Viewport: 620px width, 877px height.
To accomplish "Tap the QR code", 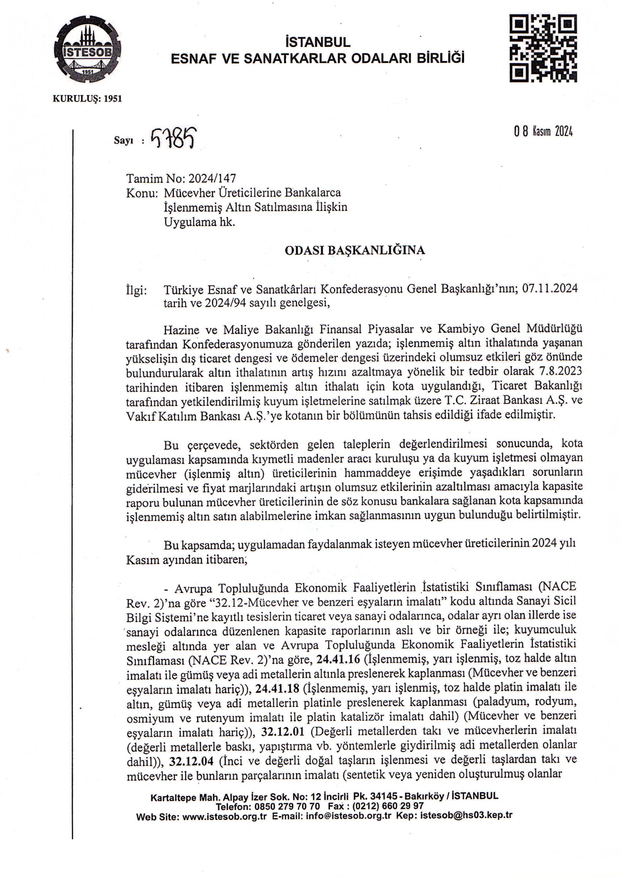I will coord(543,48).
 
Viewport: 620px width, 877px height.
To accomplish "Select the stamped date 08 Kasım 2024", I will coord(543,132).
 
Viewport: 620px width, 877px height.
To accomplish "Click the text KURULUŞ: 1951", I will coord(87,99).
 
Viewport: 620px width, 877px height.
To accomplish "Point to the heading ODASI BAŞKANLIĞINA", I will coord(355,251).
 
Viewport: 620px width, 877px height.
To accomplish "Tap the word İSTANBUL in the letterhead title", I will coord(317,41).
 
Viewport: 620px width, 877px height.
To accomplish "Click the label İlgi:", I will coord(136,290).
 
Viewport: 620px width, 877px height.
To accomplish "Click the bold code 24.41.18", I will coord(278,688).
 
